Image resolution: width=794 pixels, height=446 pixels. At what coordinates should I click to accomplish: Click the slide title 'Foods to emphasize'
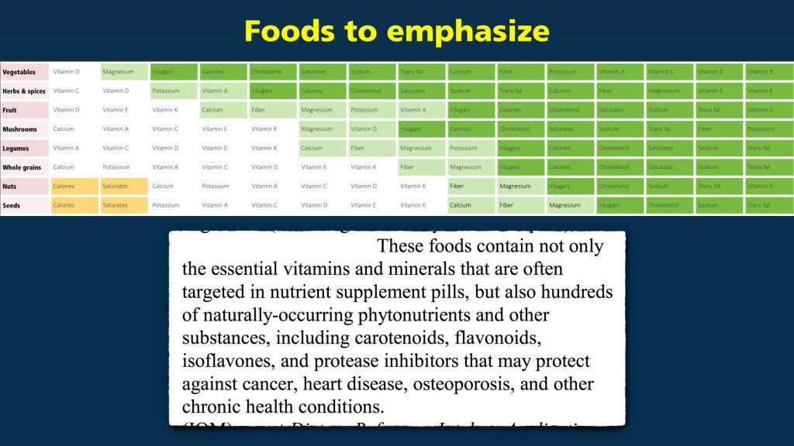click(x=396, y=31)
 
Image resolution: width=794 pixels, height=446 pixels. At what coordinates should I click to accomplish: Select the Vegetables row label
click(x=19, y=72)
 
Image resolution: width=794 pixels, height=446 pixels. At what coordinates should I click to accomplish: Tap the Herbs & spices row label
click(x=24, y=91)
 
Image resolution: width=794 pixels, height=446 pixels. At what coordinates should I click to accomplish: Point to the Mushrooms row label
click(x=20, y=129)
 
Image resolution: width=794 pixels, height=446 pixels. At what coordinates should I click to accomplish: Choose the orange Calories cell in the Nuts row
click(x=74, y=186)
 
